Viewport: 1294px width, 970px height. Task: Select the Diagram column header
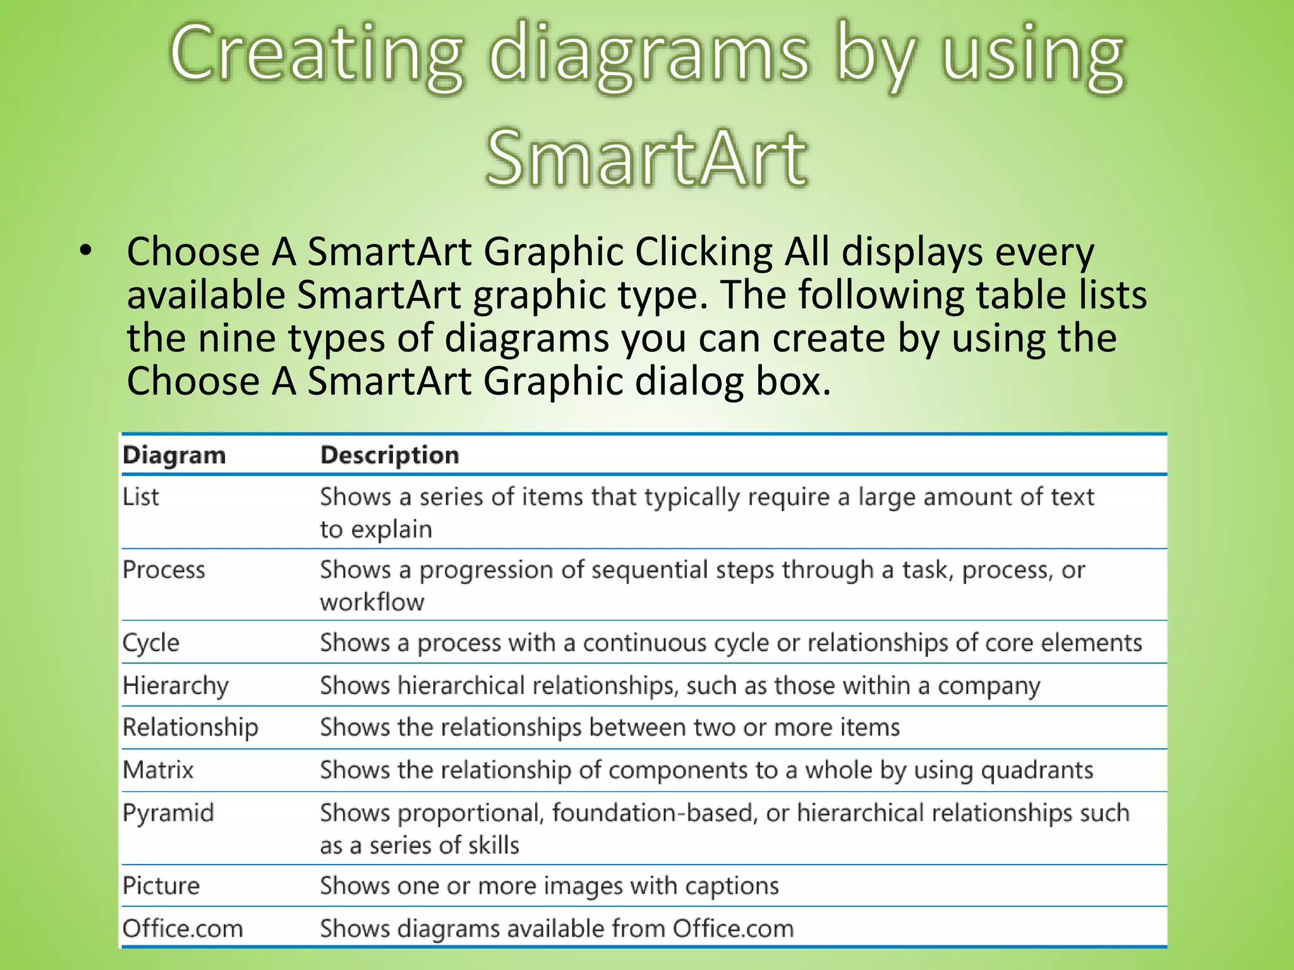point(174,455)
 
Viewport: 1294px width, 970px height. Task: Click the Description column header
point(389,455)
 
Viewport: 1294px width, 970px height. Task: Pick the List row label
point(140,497)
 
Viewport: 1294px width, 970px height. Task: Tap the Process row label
point(164,570)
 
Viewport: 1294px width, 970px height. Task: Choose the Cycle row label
point(151,643)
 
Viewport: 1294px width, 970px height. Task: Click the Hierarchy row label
point(176,686)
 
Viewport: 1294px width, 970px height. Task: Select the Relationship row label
point(190,727)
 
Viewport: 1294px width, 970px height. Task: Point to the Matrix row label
point(158,770)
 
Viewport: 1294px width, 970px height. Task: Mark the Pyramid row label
point(168,813)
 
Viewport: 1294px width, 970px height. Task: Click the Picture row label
point(161,885)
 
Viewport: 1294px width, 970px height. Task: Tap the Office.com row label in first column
point(183,928)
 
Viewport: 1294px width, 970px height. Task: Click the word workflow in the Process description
point(372,602)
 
